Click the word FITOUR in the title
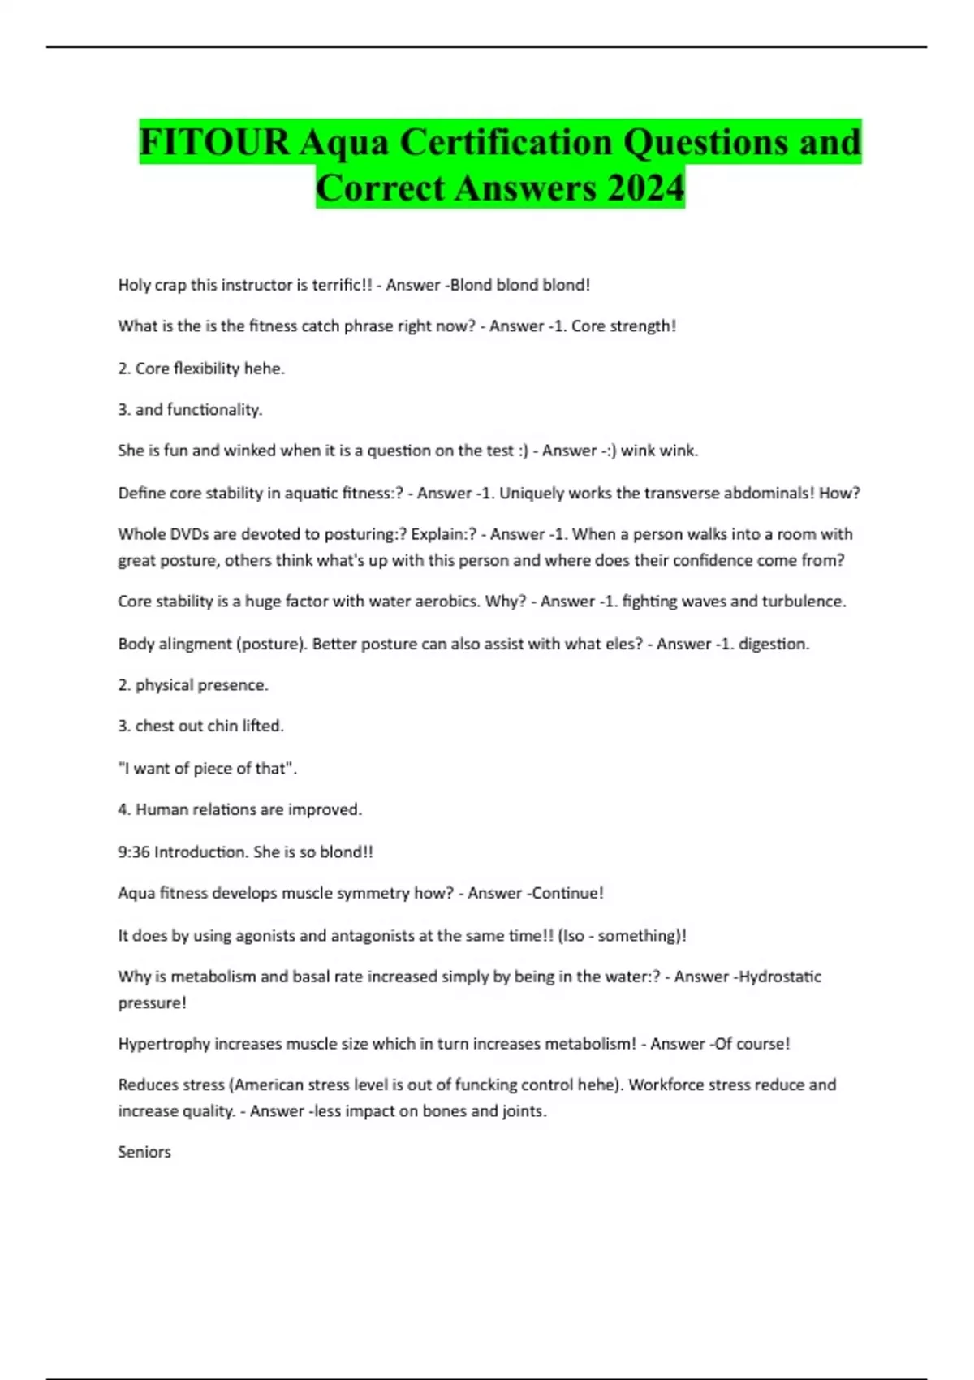pos(214,142)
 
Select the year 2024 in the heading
pos(645,188)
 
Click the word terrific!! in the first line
pos(342,285)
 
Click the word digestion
pos(773,644)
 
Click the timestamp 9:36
pos(134,852)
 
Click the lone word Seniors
pos(144,1152)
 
